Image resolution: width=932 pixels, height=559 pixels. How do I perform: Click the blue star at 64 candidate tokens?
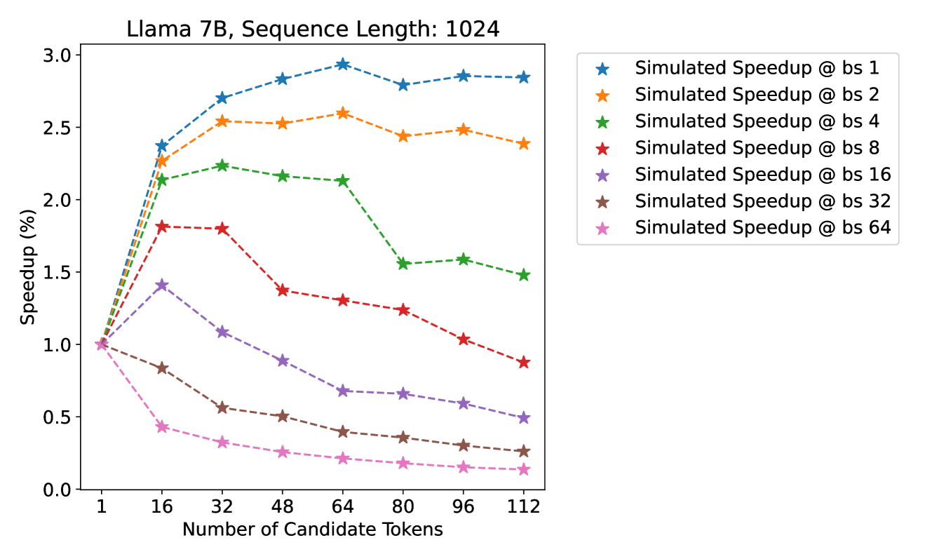click(342, 64)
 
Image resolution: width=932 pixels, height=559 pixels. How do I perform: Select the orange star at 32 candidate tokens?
click(222, 121)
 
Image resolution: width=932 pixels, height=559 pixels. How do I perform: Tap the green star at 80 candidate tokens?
click(403, 264)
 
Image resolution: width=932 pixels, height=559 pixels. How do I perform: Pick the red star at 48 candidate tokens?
click(283, 290)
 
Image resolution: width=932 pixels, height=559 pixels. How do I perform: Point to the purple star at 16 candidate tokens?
click(162, 285)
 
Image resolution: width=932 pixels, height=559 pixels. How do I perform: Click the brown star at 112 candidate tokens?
click(523, 451)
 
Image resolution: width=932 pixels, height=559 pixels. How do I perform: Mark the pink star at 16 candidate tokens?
click(162, 426)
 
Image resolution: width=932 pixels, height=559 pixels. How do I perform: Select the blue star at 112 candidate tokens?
click(523, 77)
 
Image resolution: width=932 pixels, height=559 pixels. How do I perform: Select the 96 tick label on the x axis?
click(463, 506)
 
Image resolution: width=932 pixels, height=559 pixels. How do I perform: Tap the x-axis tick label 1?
click(102, 506)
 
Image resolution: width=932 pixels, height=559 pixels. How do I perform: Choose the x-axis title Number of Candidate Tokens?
click(312, 530)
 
